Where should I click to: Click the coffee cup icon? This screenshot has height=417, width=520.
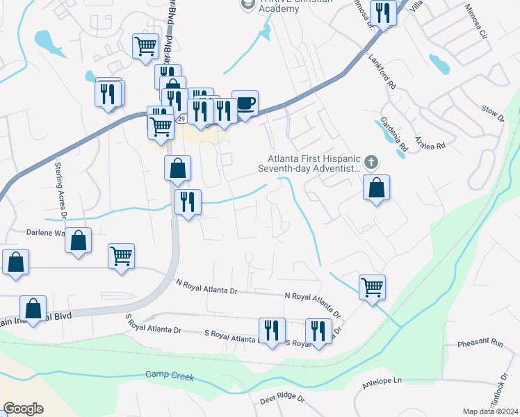[245, 104]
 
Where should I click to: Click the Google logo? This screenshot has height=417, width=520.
[23, 409]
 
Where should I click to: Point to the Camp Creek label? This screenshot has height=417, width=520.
[170, 375]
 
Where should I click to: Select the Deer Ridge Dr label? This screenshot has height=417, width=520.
[282, 400]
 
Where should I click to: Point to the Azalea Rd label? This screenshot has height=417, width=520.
[428, 142]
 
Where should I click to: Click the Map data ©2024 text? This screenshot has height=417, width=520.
[491, 411]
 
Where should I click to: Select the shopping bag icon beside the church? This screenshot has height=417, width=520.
[376, 188]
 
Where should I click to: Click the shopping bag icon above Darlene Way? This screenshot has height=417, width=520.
[79, 241]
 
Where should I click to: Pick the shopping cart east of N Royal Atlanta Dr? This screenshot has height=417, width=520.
[373, 286]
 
